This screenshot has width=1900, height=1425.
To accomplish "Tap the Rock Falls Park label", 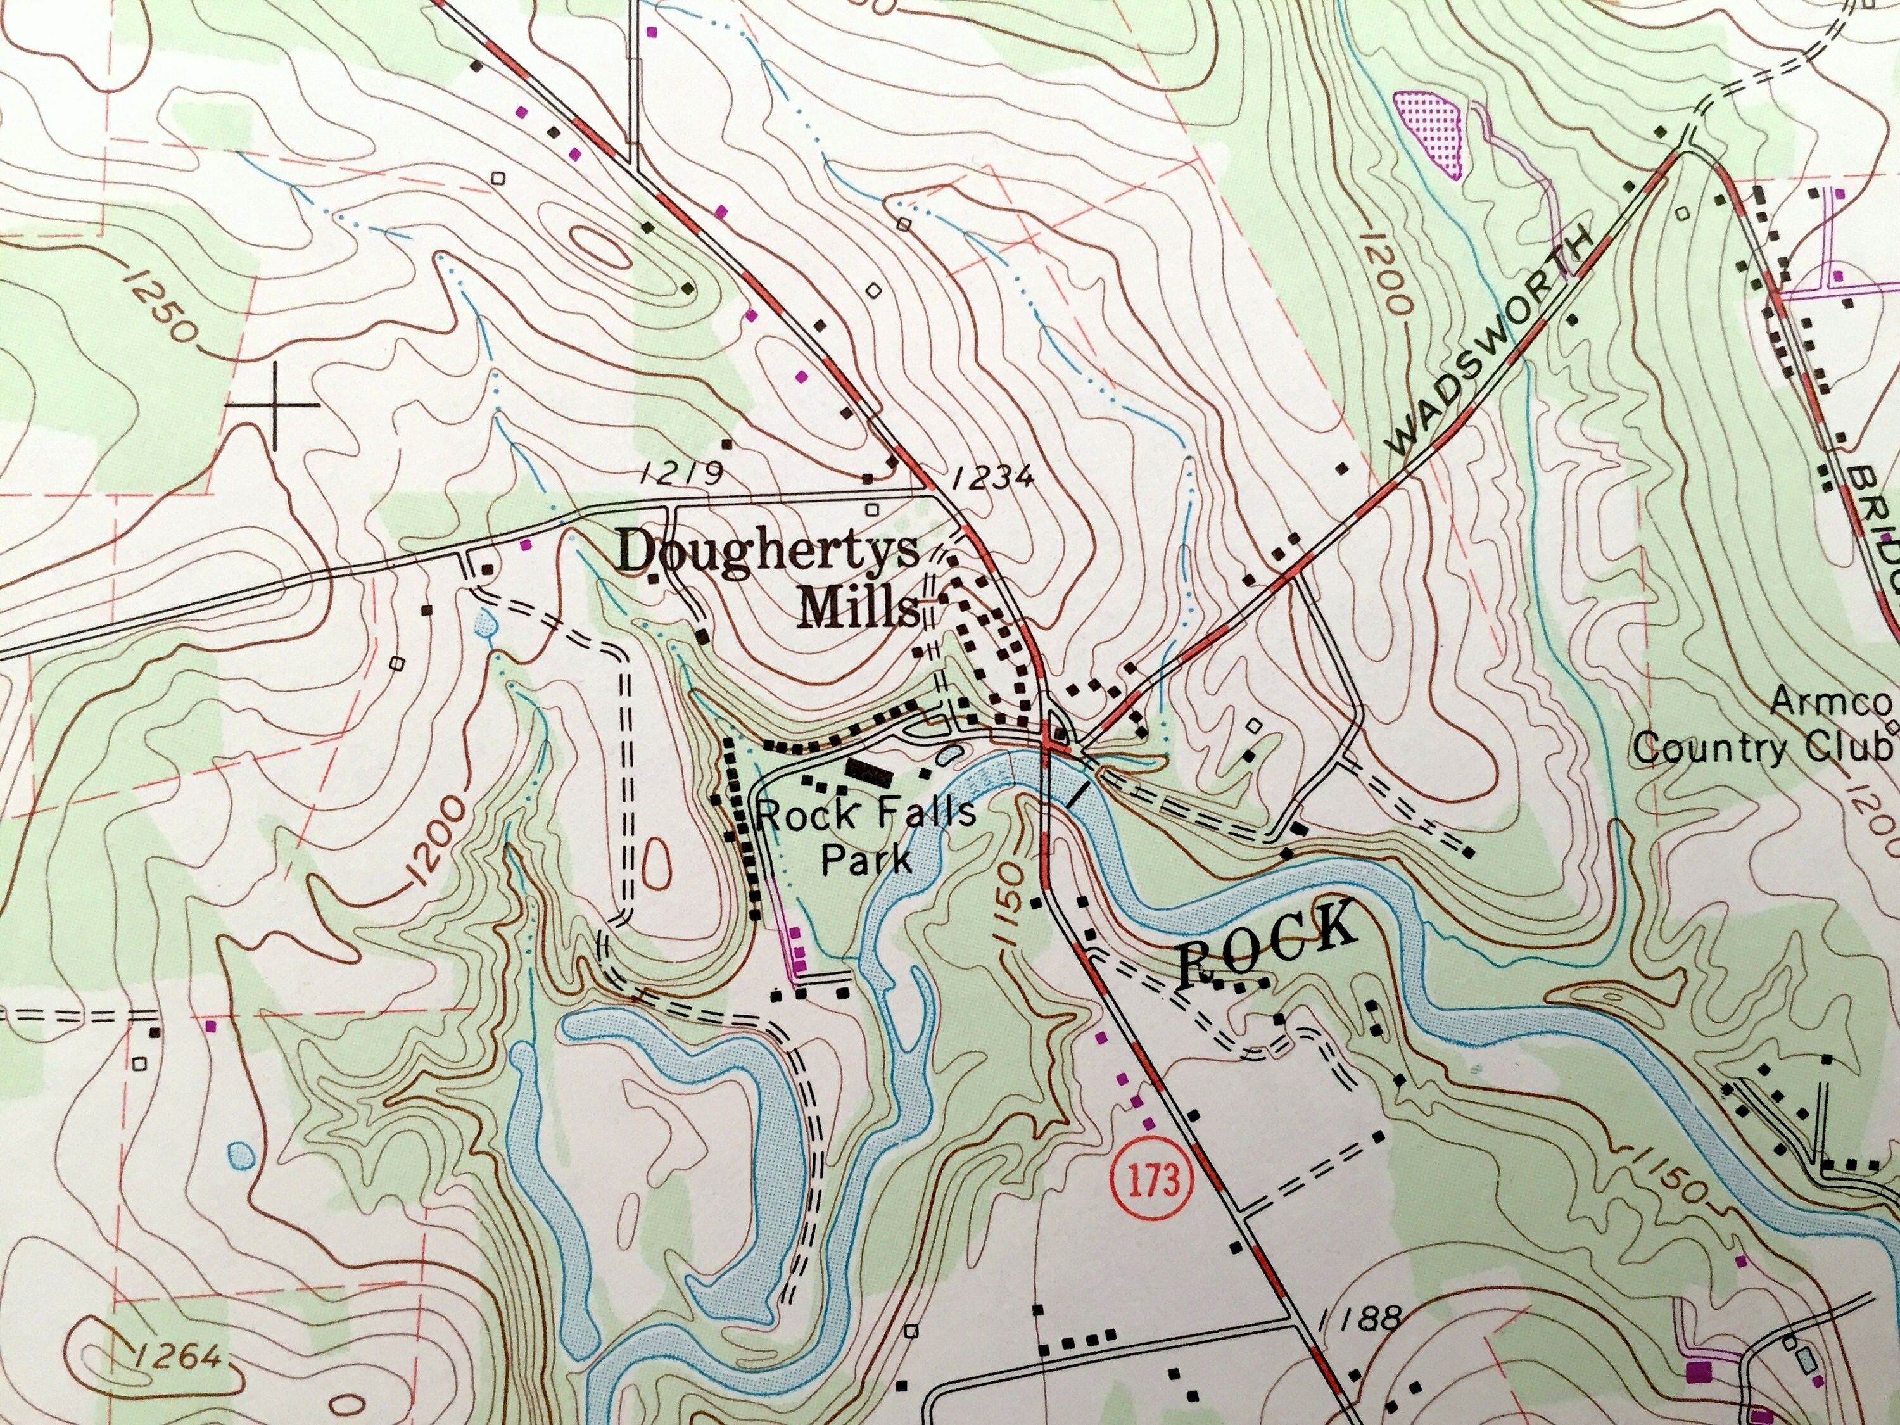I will pos(866,835).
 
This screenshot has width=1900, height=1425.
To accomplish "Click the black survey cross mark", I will pos(274,403).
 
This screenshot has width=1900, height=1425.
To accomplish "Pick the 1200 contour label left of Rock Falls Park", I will pos(434,846).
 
